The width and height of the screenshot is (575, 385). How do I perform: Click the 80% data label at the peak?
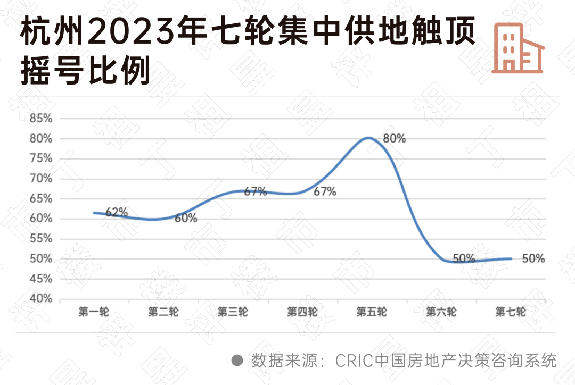[395, 139]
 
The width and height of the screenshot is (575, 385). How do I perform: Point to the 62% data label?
[117, 212]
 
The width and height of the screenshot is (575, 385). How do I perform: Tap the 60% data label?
[186, 218]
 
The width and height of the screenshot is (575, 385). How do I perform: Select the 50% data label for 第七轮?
[533, 259]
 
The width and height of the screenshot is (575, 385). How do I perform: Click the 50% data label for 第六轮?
[464, 259]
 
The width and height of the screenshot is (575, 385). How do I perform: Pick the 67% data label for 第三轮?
[256, 192]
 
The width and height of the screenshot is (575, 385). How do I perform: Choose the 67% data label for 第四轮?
[325, 192]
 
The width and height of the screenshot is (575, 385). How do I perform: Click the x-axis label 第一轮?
[93, 312]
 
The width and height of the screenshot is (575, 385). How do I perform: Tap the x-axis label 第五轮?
[371, 312]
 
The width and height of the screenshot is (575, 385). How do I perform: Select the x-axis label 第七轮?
[510, 312]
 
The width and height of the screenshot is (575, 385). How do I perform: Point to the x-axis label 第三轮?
[232, 312]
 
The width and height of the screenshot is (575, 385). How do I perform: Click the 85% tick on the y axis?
[41, 119]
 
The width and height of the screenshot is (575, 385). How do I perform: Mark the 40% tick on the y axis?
[41, 299]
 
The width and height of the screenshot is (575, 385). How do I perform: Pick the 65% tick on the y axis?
[41, 199]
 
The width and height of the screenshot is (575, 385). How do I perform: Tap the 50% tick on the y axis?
[41, 259]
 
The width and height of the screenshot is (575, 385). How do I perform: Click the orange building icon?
[517, 47]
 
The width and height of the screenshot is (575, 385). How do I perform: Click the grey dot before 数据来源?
[237, 360]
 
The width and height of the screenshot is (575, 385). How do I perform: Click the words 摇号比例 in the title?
[85, 72]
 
